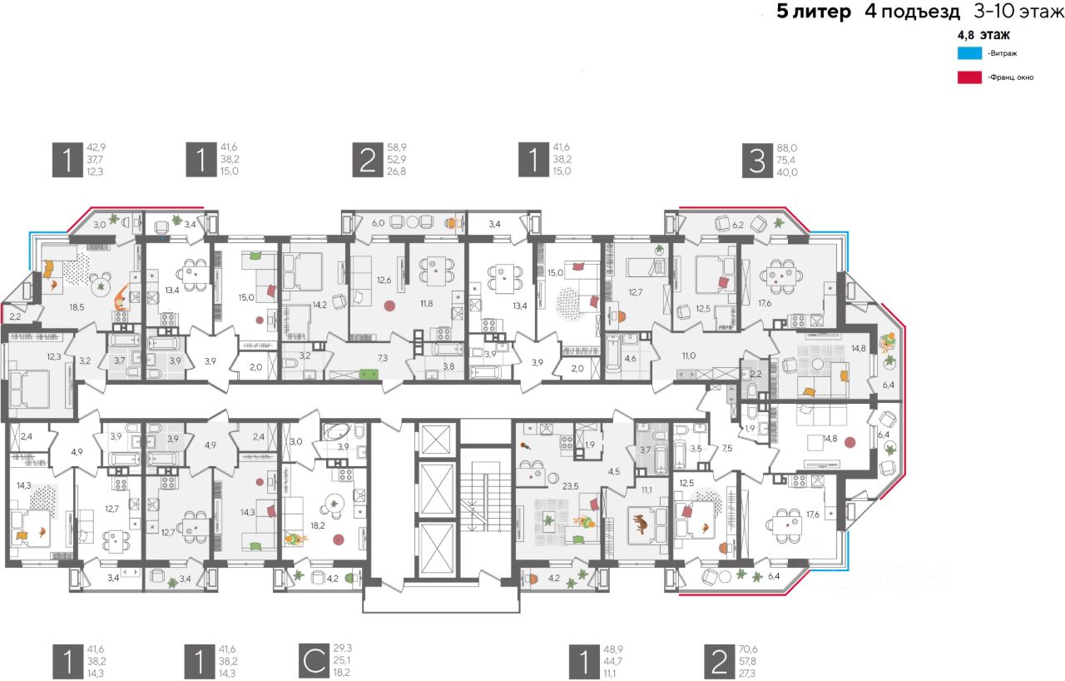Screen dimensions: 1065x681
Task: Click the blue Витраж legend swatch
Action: (x=968, y=53)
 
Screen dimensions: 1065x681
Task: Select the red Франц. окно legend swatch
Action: (x=968, y=77)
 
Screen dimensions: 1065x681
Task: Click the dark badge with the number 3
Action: (x=757, y=159)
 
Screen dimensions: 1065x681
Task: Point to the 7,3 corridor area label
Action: (x=383, y=358)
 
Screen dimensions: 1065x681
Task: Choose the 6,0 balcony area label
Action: (x=378, y=223)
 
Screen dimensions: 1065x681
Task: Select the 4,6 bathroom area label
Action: (x=630, y=360)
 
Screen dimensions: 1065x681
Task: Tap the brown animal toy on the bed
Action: (x=641, y=524)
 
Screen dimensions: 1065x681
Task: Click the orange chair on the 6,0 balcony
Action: (x=453, y=222)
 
